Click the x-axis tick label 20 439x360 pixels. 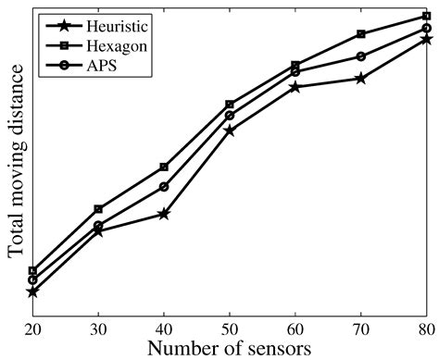coord(32,329)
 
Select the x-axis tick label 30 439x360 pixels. coord(98,329)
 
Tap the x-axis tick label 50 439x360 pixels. coord(230,329)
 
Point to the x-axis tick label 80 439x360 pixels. coord(425,329)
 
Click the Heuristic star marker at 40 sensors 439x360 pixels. coord(164,214)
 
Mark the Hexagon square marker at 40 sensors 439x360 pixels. coord(164,167)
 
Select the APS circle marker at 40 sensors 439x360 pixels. coord(164,187)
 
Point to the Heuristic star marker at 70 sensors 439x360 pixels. coord(360,79)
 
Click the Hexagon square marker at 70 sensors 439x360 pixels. coord(360,34)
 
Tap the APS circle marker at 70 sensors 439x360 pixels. coord(360,56)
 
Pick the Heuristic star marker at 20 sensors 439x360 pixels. coord(32,292)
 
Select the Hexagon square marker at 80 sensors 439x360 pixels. coord(426,16)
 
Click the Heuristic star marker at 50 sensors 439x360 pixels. coord(229,130)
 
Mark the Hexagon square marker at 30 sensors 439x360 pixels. coord(98,209)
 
